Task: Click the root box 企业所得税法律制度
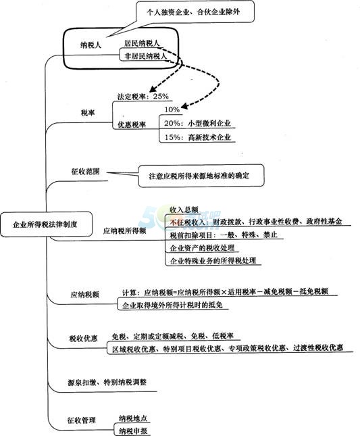point(46,224)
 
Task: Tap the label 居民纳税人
point(142,43)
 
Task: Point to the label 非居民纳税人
point(146,56)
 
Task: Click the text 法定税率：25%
point(143,96)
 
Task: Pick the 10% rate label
point(172,110)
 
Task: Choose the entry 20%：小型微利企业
point(197,123)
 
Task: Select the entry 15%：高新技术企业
point(197,137)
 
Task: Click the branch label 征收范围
point(86,171)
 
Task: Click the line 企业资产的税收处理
point(203,248)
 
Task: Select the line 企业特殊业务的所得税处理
point(213,261)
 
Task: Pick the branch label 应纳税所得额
point(124,231)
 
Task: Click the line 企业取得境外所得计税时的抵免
point(172,305)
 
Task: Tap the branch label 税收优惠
point(83,339)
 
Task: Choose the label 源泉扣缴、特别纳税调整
point(107,382)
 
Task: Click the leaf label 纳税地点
point(133,418)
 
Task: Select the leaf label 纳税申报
point(133,431)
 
